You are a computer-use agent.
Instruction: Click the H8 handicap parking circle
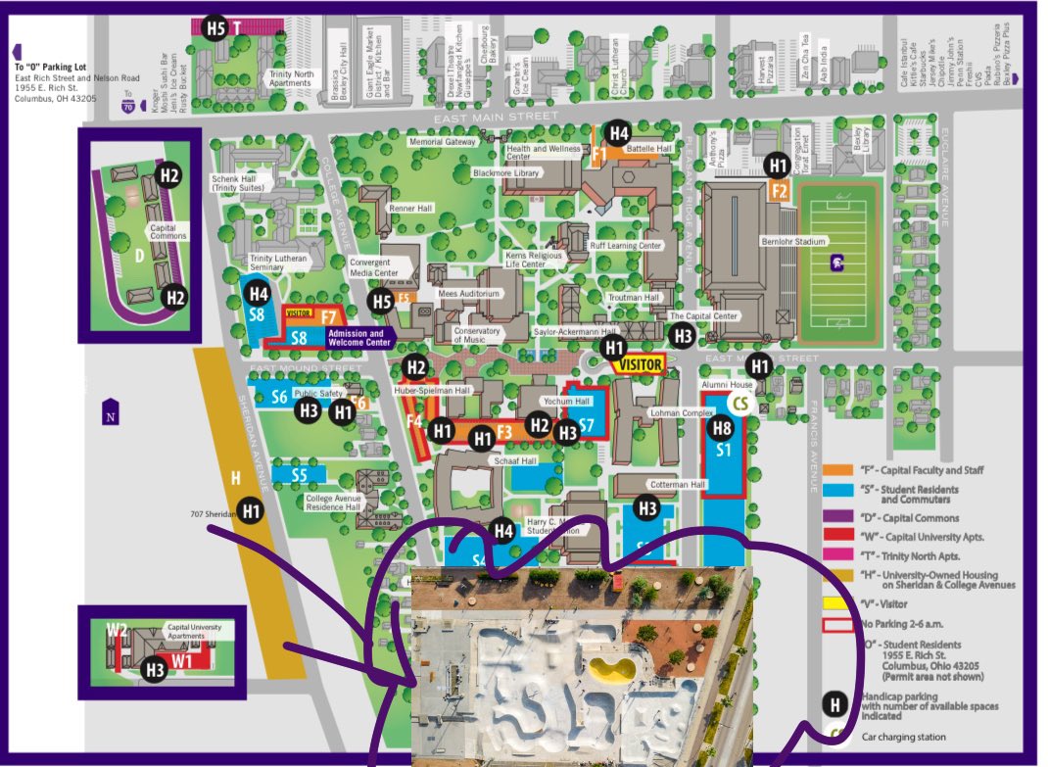point(721,427)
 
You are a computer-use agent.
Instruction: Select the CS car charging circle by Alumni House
point(741,404)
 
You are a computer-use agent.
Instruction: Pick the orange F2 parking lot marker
point(780,191)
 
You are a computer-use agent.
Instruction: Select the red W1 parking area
point(183,659)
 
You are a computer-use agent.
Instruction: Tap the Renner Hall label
point(410,209)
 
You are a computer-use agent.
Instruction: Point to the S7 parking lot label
point(587,424)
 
